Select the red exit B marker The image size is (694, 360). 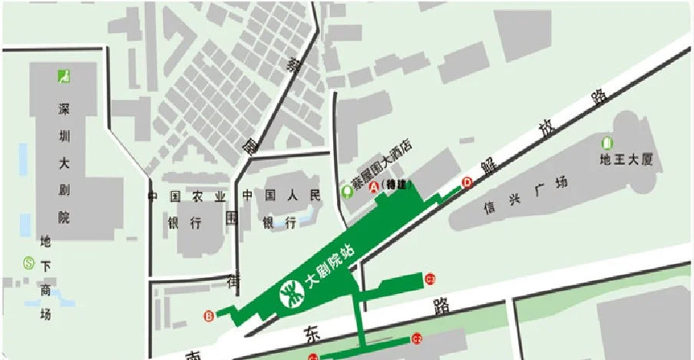coord(209,315)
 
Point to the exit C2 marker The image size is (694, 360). coord(418,337)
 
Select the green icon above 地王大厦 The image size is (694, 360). coord(607,142)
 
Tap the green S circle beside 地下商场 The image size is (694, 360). coord(30,263)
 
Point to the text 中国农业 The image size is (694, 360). coord(187,197)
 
